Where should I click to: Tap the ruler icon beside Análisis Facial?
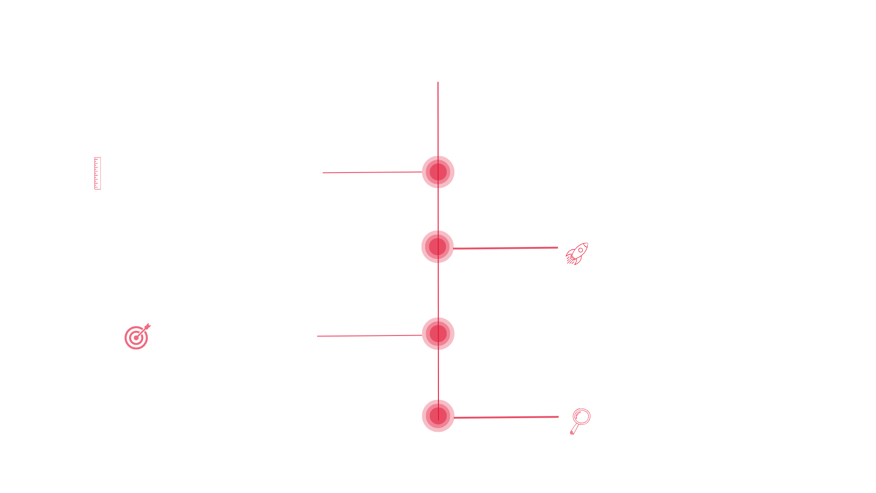(97, 173)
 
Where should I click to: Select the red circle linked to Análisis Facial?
(438, 172)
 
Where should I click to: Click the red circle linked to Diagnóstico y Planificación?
(438, 247)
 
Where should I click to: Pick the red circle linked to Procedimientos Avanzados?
(438, 334)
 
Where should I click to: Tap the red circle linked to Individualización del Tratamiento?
(438, 416)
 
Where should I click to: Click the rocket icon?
(577, 254)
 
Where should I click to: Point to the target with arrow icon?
(137, 337)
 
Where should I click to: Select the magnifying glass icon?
(580, 421)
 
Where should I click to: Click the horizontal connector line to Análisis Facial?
(372, 173)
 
